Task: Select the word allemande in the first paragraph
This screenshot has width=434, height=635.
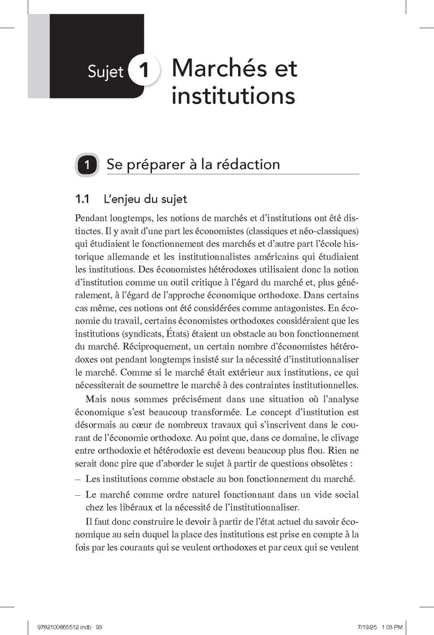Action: pyautogui.click(x=134, y=256)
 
